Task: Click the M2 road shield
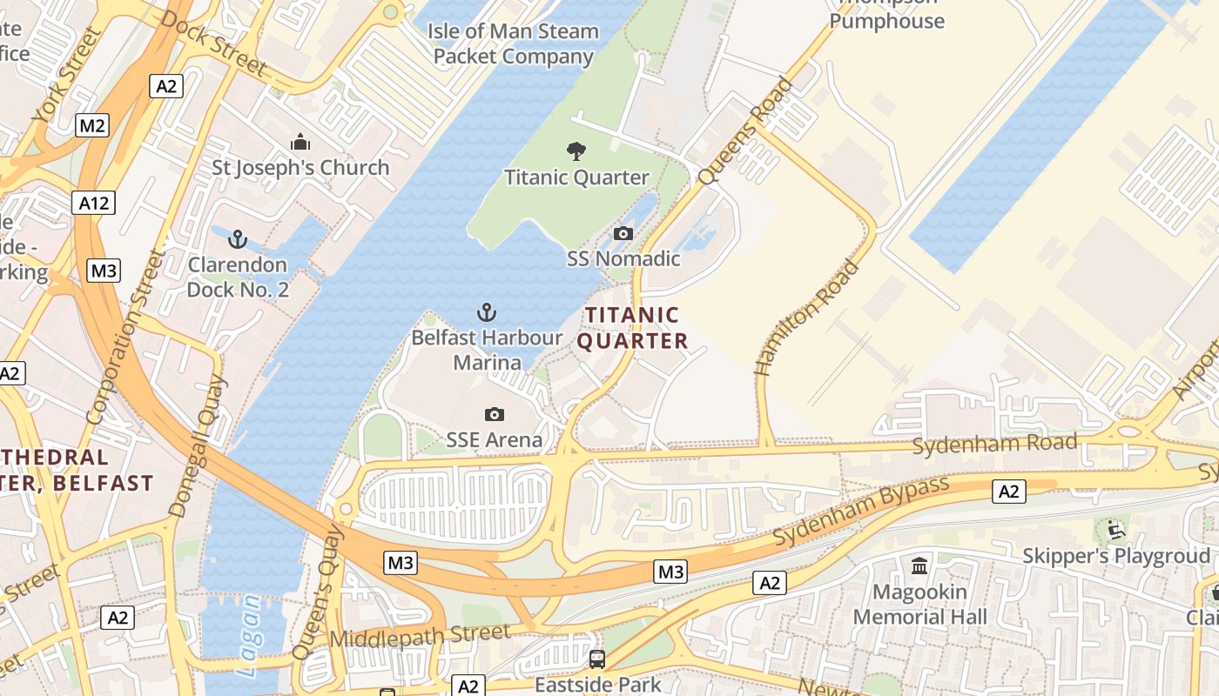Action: coord(92,125)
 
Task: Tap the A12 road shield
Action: coord(93,204)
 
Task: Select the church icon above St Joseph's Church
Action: coord(300,142)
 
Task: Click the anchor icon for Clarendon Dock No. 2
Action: coord(237,239)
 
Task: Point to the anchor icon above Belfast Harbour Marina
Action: coord(487,312)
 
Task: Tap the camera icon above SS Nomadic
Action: coord(623,233)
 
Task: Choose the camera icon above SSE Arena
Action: coord(494,415)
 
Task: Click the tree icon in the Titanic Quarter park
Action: coord(576,151)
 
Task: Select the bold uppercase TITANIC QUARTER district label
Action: coord(632,328)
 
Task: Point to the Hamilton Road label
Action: coord(806,318)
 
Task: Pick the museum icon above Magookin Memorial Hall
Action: coord(919,567)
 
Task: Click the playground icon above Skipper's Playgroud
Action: coord(1114,529)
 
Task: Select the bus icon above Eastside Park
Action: coord(596,659)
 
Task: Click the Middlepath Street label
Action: coord(420,637)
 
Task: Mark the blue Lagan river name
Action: coord(249,635)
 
